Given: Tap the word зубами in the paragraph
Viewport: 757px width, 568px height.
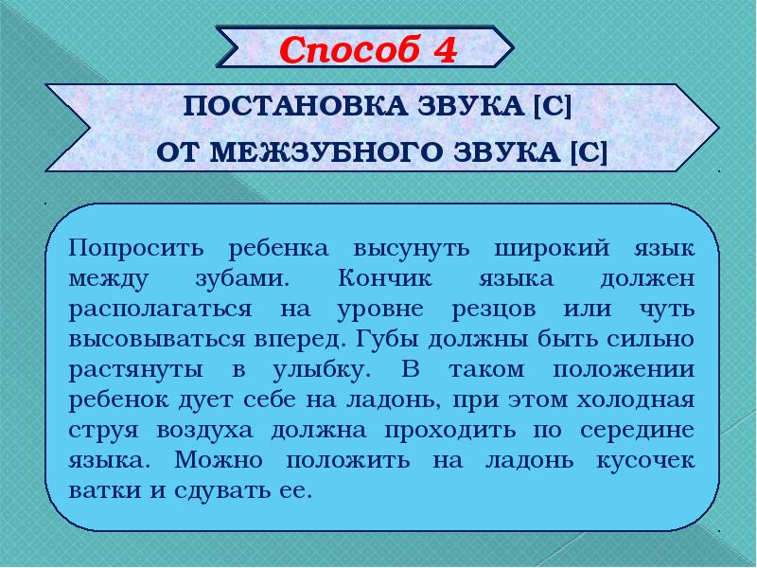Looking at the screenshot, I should tap(238, 279).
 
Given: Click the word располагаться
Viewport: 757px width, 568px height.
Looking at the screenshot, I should tap(160, 310).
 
